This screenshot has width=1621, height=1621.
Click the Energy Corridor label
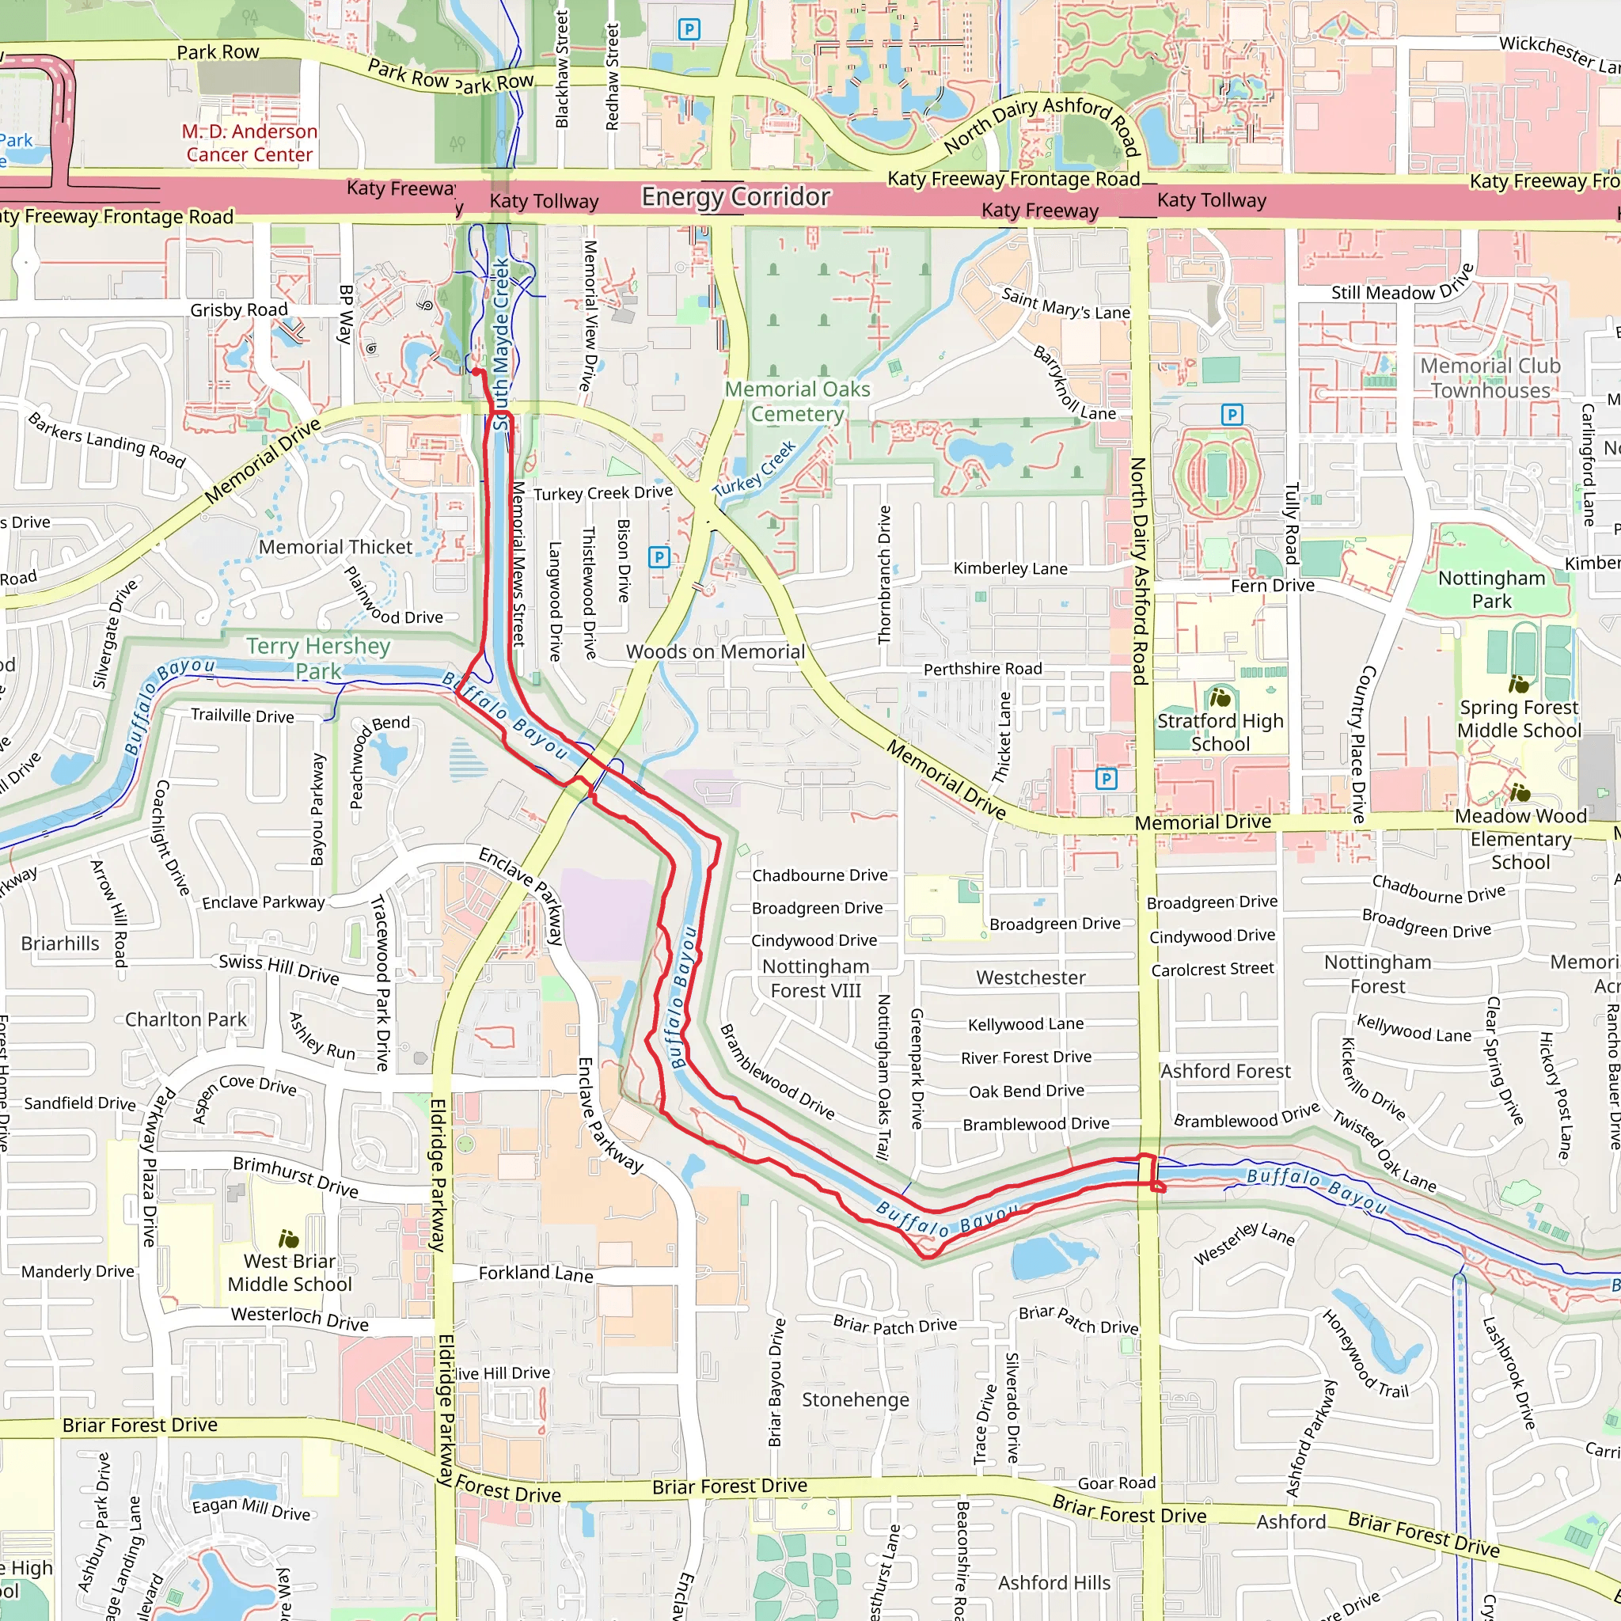736,196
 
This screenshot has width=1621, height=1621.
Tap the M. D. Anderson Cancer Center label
249,142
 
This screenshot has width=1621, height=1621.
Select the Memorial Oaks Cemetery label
797,401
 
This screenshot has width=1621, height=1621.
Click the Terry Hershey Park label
318,658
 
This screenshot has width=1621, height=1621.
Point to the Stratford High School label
1220,731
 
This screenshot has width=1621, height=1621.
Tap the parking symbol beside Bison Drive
659,556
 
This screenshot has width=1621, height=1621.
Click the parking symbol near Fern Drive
1231,415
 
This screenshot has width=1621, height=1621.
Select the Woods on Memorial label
715,652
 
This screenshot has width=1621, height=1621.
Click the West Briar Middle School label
290,1272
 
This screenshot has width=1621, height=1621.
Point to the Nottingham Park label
1491,589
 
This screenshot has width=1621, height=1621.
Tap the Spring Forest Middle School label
1519,718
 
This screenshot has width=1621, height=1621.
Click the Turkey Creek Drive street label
602,492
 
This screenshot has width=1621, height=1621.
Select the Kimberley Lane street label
1010,568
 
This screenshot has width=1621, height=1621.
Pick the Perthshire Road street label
982,669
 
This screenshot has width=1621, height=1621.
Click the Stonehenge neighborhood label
855,1399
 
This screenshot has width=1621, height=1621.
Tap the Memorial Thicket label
336,547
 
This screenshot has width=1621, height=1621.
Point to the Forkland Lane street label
535,1274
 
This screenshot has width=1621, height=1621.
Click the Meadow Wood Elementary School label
1520,838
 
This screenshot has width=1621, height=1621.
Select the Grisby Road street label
238,309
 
